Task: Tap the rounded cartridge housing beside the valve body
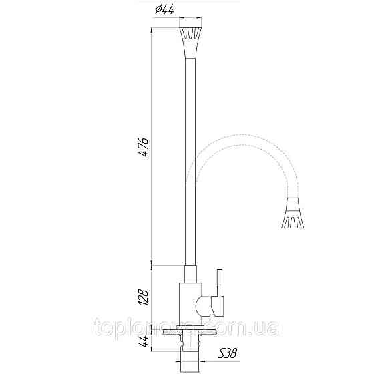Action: tap(204, 307)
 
